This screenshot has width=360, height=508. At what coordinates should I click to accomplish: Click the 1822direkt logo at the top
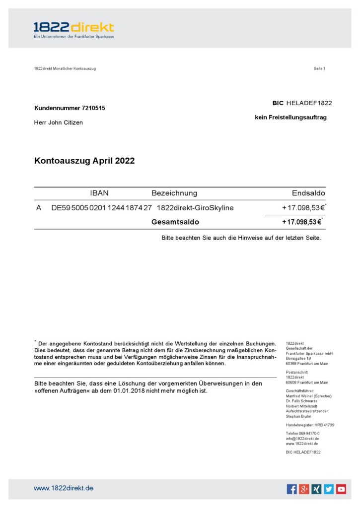point(73,30)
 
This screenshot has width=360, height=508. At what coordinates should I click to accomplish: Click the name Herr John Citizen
point(59,123)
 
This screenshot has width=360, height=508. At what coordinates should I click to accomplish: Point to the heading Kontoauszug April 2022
point(84,161)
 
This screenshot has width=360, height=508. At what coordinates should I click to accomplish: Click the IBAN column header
point(99,193)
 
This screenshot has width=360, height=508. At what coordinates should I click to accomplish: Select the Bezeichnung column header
point(174,193)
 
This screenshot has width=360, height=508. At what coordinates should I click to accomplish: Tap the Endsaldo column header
point(308,193)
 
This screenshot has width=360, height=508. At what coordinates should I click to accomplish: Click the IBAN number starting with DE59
point(101,208)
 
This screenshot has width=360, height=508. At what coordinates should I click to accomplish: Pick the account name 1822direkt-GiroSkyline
point(195,208)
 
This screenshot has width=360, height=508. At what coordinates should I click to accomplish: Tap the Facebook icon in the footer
point(292,489)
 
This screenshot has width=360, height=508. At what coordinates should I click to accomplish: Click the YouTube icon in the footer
point(341,489)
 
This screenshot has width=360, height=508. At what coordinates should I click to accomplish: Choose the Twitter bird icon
point(329,489)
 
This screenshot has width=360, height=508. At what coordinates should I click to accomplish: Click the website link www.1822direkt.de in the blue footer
point(64,488)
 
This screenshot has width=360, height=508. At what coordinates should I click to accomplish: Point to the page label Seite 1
point(319,68)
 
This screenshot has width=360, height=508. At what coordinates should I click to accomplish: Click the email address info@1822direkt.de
point(302,439)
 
